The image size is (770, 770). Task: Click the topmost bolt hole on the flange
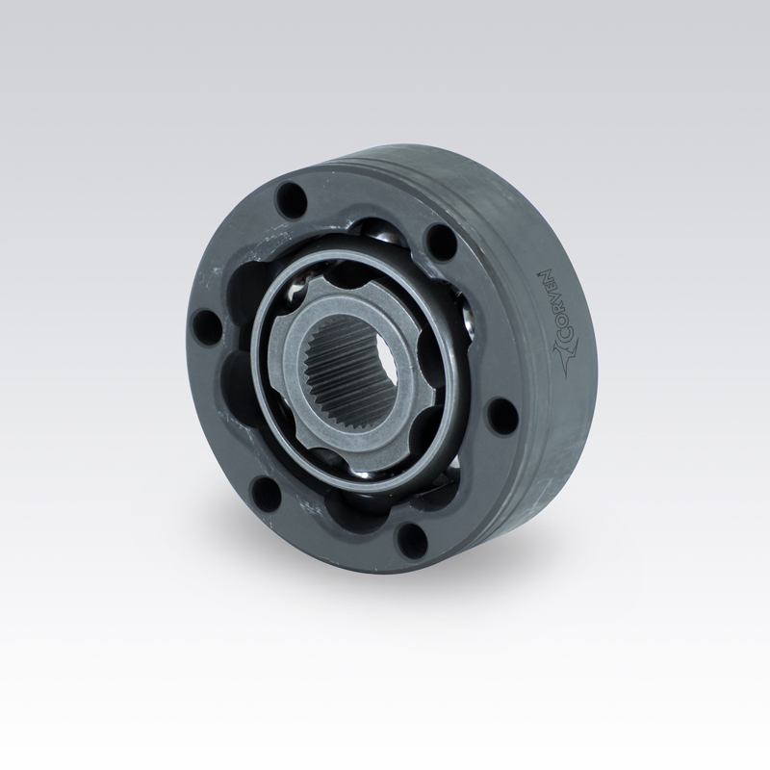[292, 199]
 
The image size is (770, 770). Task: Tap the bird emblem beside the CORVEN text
[564, 359]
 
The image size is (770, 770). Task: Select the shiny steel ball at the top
[384, 236]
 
